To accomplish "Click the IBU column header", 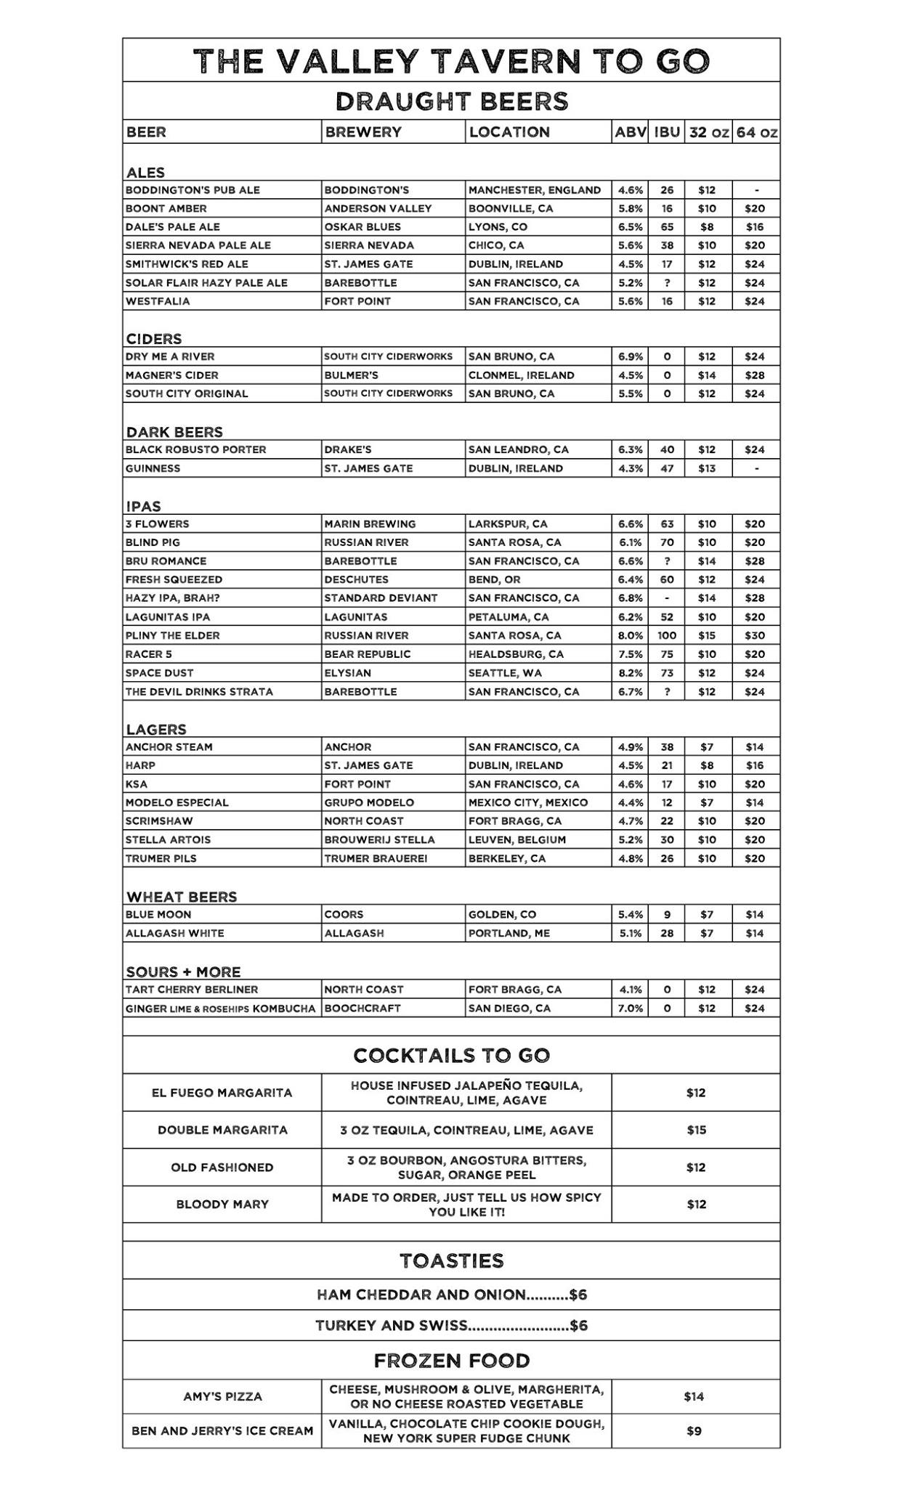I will point(666,132).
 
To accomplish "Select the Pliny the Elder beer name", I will point(172,635).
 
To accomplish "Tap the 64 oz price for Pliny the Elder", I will point(754,635).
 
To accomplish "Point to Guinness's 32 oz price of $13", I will point(706,468).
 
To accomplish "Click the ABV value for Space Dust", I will point(630,673).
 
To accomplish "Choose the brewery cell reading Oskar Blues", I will point(363,227).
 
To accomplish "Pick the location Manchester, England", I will point(534,190).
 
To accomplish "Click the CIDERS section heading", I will point(154,339).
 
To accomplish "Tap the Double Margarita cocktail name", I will point(222,1130).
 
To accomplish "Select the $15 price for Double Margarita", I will point(695,1130).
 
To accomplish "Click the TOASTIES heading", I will point(451,1260).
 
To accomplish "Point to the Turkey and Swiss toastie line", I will point(451,1326).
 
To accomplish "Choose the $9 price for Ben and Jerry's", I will point(694,1431).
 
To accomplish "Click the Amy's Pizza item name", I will point(222,1396).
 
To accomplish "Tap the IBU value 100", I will point(666,635).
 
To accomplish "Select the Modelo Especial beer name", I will point(177,802).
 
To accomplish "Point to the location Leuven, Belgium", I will point(517,839).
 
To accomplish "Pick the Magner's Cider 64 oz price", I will point(754,375).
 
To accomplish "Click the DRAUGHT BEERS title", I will point(451,101).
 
